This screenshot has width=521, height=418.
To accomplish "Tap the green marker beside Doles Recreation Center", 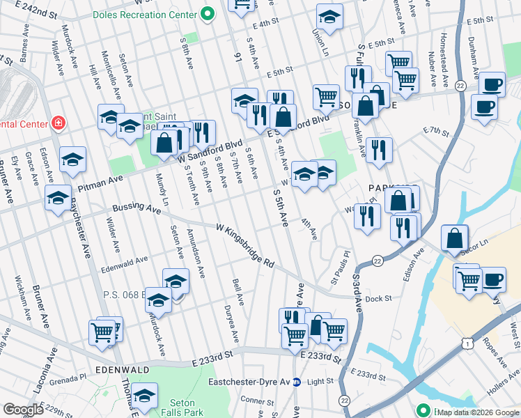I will pos(207,13).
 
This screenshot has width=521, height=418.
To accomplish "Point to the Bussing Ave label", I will pos(136,208).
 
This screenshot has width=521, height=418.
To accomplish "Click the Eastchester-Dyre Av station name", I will pos(249,382).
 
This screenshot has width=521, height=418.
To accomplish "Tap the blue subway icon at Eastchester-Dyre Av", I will pos(297,382).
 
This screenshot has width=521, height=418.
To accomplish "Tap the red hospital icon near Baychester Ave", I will pos(59,124).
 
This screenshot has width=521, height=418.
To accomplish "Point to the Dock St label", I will pos(378,299).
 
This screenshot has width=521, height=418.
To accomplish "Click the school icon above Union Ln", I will pos(329,16).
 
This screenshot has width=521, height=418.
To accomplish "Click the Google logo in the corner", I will pos(23,409).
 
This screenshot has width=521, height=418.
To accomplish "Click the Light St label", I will pos(321,382).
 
